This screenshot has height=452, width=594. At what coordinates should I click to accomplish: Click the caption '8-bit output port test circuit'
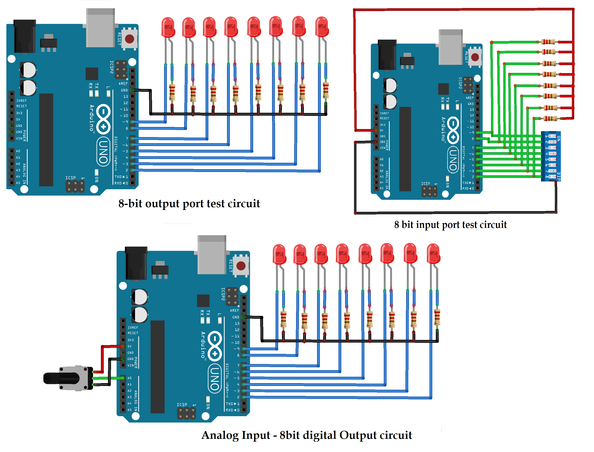[x=189, y=203]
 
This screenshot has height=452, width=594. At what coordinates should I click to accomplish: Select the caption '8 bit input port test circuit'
[x=450, y=224]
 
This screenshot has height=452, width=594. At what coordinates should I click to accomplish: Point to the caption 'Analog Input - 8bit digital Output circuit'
[x=306, y=435]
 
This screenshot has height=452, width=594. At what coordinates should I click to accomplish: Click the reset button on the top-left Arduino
[x=130, y=39]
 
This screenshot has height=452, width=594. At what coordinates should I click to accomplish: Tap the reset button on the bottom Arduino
[x=241, y=266]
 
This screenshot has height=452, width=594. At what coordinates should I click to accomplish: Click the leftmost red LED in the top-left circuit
[x=168, y=27]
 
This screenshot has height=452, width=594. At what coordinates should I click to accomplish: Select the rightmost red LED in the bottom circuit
[x=433, y=254]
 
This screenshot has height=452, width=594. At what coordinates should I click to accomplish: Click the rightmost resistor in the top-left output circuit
[x=326, y=90]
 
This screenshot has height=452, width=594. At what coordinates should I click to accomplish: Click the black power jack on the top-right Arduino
[x=387, y=55]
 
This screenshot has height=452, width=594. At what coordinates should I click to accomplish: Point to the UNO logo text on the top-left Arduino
[x=103, y=151]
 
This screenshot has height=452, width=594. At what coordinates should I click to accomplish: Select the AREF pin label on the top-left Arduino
[x=123, y=84]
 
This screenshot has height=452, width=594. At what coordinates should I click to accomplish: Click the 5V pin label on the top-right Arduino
[x=382, y=130]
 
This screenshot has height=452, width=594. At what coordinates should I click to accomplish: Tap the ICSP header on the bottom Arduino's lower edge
[x=186, y=413]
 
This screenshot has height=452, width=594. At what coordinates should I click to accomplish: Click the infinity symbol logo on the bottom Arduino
[x=215, y=346]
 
